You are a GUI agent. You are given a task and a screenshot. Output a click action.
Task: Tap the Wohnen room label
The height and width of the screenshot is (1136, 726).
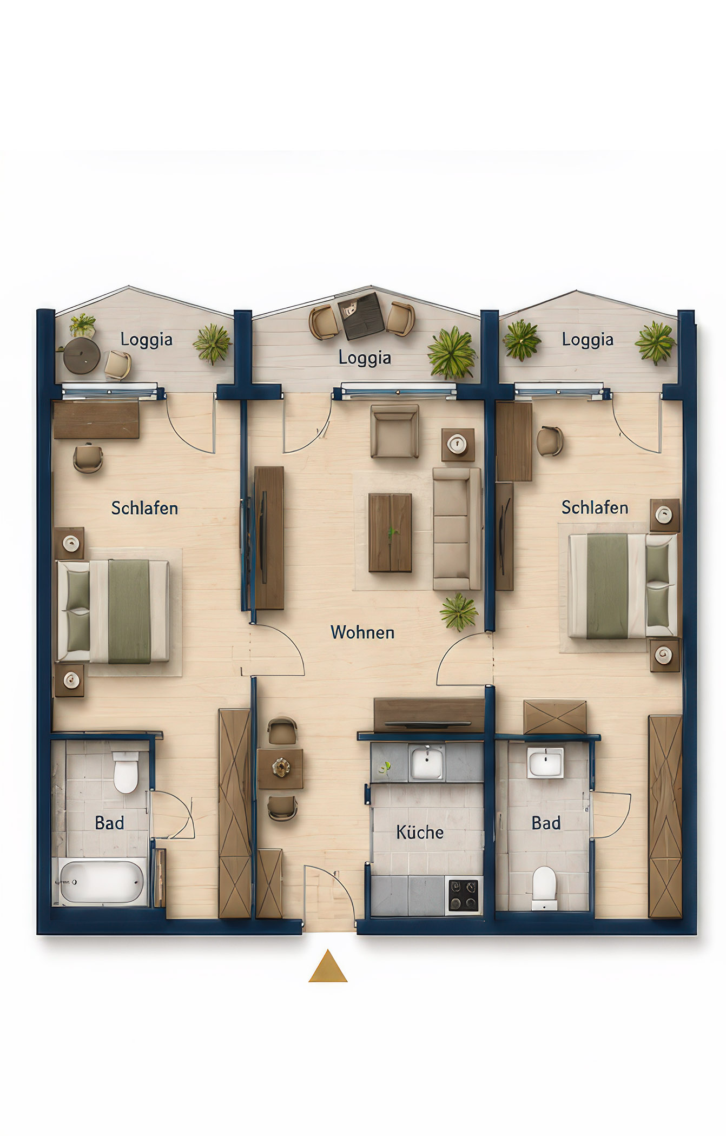(362, 632)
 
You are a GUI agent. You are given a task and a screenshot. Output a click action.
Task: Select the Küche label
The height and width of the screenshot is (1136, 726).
(420, 832)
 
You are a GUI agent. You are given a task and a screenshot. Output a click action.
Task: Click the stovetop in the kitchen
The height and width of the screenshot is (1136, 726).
(464, 895)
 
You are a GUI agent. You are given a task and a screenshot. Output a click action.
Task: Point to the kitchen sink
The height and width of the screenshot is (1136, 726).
(427, 762)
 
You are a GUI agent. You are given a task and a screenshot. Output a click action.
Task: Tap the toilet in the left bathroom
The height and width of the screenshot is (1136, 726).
(126, 772)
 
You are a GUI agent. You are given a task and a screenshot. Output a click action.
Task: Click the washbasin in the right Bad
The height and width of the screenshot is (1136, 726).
(545, 763)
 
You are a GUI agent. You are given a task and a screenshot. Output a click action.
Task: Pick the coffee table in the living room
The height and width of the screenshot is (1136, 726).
(390, 532)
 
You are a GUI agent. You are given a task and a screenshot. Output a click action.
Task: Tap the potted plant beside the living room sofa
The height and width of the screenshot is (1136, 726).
(459, 612)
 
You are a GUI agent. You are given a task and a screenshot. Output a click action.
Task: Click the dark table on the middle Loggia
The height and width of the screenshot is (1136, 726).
(361, 315)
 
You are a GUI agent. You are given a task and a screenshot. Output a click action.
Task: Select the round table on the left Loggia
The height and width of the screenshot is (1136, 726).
(82, 355)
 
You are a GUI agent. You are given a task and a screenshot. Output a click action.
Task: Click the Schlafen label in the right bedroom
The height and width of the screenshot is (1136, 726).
(595, 507)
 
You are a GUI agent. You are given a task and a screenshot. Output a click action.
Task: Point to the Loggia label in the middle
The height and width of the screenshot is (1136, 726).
(365, 358)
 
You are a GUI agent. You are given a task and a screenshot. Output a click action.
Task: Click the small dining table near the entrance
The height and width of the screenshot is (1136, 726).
(280, 768)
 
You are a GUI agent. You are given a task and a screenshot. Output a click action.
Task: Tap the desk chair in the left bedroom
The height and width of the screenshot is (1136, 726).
(88, 458)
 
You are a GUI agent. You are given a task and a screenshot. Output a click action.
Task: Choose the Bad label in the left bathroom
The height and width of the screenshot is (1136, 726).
(109, 823)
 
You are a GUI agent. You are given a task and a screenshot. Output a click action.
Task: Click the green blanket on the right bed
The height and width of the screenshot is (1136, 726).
(607, 586)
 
